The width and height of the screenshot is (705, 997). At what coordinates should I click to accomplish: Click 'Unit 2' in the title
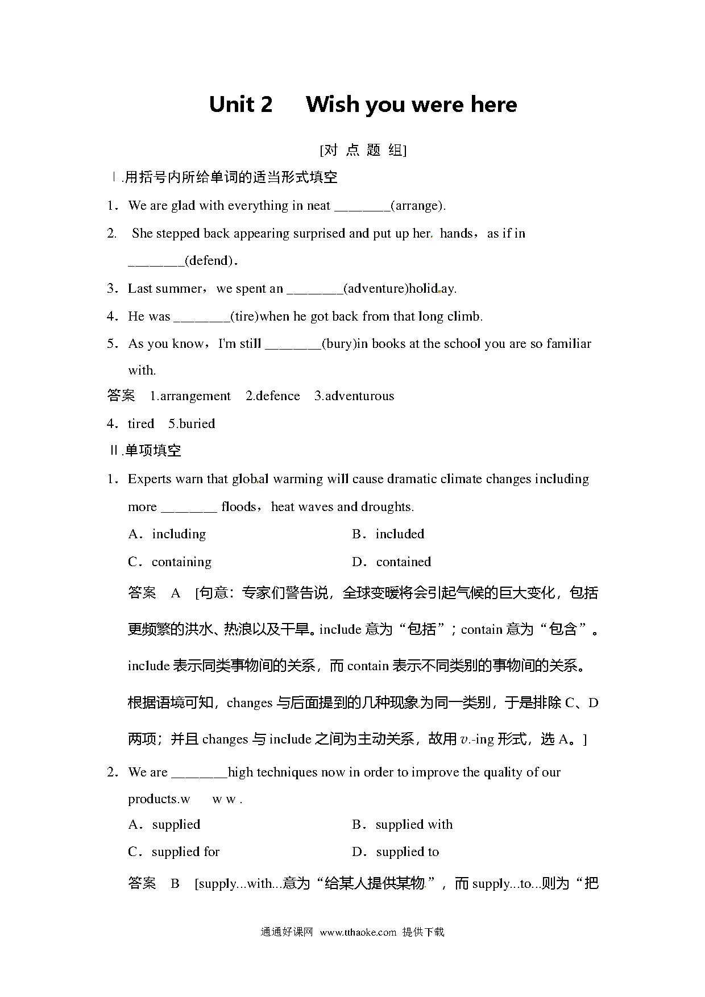240,105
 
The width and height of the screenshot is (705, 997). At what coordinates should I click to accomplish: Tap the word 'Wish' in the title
333,105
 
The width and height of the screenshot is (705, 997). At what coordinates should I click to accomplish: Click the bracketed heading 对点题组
363,150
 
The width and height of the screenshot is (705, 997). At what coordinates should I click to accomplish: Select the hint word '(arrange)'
418,206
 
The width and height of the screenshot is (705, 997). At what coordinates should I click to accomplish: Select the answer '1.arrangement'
190,396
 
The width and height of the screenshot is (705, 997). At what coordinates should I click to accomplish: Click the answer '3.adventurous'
354,396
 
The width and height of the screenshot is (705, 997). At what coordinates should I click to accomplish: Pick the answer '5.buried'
192,424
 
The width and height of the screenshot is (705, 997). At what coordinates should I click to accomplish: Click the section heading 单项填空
152,451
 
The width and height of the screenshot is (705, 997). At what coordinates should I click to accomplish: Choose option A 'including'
179,534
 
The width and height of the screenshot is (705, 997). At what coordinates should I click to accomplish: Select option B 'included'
400,534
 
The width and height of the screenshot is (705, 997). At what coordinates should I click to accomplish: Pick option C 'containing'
181,562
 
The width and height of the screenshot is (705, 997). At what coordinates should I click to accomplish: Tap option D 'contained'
403,562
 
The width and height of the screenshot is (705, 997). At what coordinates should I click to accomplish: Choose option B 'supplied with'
414,825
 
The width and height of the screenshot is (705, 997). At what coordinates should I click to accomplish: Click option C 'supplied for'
185,852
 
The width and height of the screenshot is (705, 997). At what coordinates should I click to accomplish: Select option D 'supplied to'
407,852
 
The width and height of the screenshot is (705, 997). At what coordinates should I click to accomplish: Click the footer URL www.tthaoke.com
358,932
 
